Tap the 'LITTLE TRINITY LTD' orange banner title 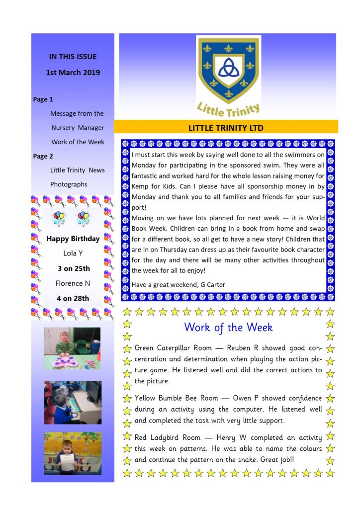[226, 128]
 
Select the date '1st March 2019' [73, 73]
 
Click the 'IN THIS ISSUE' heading [73, 57]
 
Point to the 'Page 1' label [43, 99]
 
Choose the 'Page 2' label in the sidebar [43, 156]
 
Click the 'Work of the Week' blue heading [228, 328]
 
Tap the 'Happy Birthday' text [73, 239]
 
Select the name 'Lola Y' [73, 254]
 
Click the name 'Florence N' [73, 283]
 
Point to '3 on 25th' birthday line [73, 268]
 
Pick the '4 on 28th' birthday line [73, 298]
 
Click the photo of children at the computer [73, 403]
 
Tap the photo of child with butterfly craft [73, 348]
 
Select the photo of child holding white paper [73, 453]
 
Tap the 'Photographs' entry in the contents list [69, 184]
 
